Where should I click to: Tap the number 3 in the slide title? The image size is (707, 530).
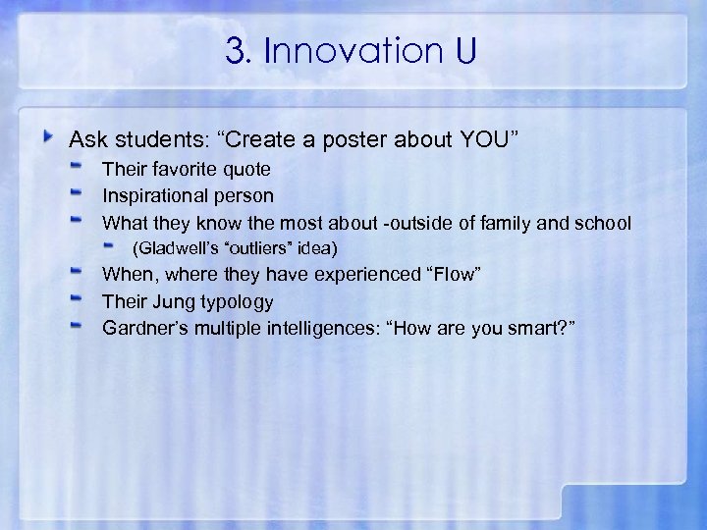click(x=235, y=51)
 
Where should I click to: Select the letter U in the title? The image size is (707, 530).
click(x=464, y=51)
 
